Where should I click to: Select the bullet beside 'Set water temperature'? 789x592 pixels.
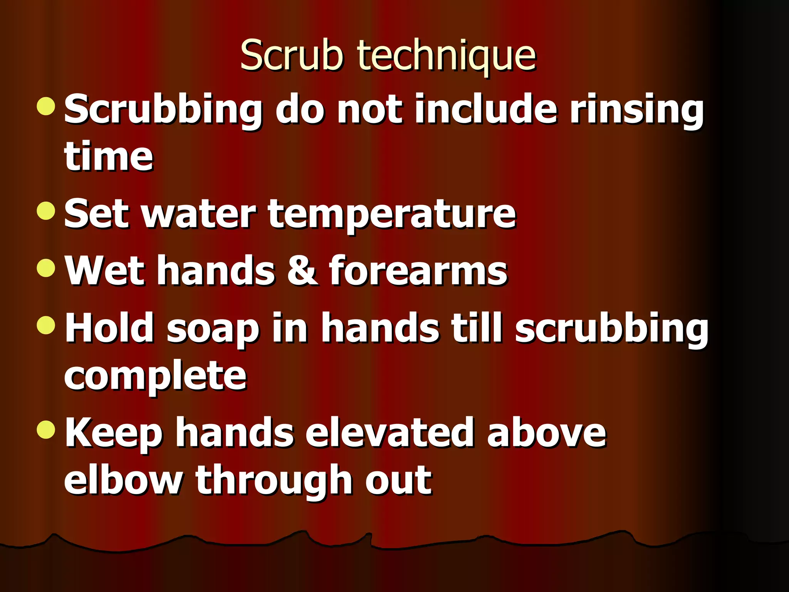click(x=46, y=210)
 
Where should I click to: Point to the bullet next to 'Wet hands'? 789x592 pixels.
click(x=46, y=268)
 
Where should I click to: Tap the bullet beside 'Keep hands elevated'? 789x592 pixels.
click(x=46, y=429)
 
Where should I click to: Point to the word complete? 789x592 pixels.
click(x=155, y=377)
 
